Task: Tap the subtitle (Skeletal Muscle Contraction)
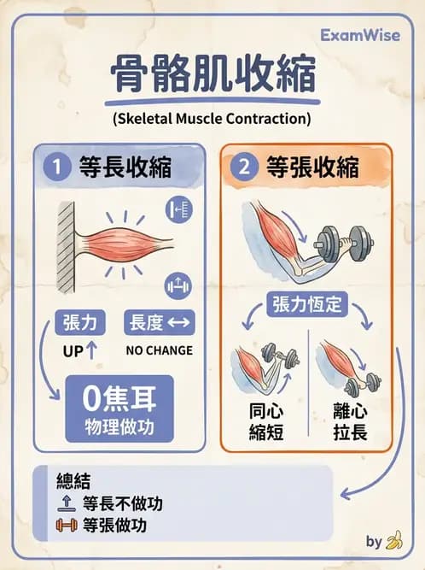pos(212,120)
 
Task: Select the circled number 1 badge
pos(56,167)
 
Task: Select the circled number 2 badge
pos(244,167)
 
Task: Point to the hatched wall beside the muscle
pos(66,247)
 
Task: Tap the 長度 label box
pos(160,322)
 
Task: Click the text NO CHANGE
pos(160,350)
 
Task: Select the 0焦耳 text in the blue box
pos(119,397)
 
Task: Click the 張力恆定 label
pos(308,303)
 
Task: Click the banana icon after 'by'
pos(393,541)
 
